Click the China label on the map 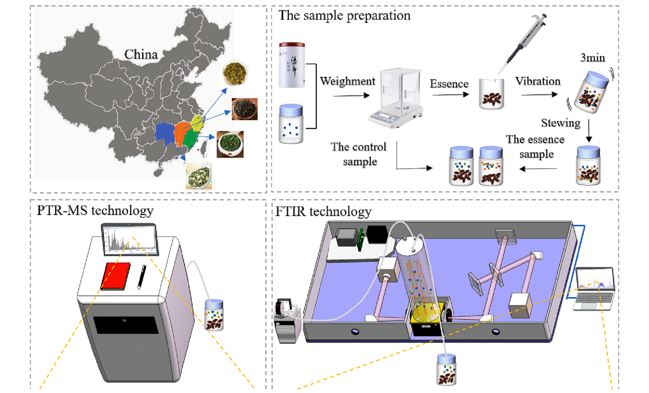141,54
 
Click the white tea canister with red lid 292,65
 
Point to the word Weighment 347,81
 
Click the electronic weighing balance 395,98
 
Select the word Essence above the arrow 449,84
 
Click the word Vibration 538,81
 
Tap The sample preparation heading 345,15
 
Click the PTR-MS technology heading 95,210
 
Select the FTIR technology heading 323,211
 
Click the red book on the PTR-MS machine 116,276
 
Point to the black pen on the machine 142,277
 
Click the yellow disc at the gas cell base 425,313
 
